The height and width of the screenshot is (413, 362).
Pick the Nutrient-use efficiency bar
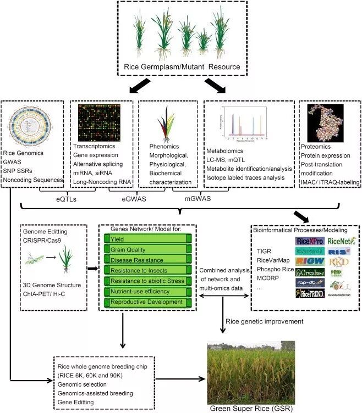pyautogui.click(x=146, y=292)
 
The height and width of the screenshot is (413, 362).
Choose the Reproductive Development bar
pyautogui.click(x=146, y=302)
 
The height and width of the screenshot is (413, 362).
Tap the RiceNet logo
pyautogui.click(x=341, y=240)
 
